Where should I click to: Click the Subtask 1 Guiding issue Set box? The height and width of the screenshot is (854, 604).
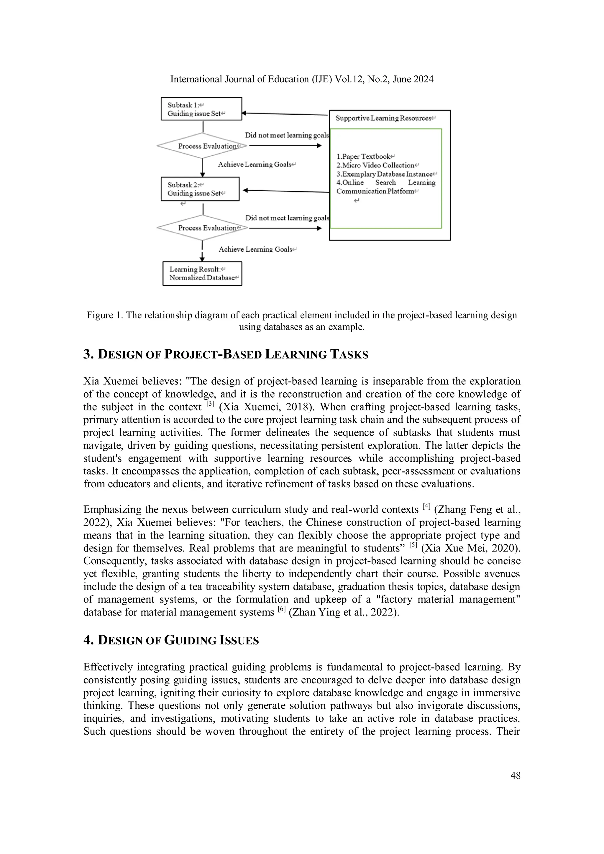201,108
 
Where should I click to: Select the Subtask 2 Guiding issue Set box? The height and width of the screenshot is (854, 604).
200,189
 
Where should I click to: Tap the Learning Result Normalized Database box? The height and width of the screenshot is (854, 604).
202,273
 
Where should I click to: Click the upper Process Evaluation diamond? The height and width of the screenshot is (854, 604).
202,146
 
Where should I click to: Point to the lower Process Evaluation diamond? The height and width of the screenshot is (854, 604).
202,228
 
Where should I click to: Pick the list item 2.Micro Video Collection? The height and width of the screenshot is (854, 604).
375,165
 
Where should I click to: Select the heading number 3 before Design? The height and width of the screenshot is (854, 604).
88,354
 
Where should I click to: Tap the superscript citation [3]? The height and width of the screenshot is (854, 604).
210,404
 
